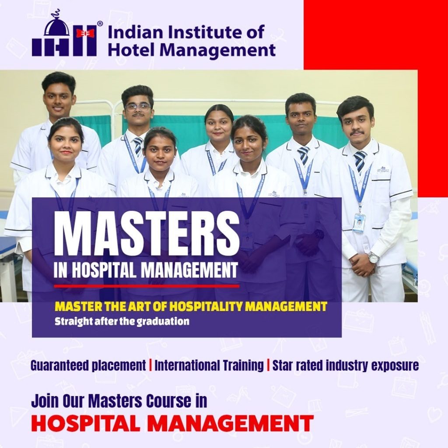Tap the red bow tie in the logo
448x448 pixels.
tap(85, 33)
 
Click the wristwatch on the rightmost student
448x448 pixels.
tap(373, 258)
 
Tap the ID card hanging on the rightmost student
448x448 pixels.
tap(359, 222)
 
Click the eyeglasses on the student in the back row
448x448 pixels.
tap(138, 106)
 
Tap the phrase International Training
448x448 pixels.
tap(209, 365)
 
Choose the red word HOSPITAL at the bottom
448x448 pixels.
tap(89, 423)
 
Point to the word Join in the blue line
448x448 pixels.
tap(45, 401)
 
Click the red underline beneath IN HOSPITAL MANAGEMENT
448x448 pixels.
tap(147, 286)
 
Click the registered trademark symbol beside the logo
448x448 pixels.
tap(100, 24)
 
